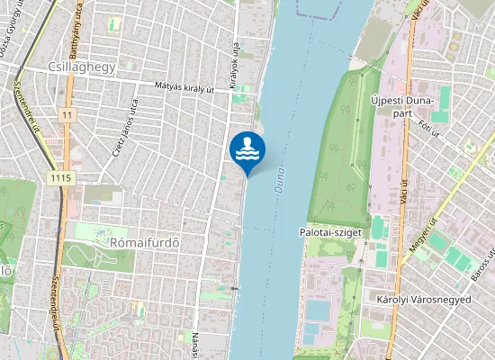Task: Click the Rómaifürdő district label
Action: (x=138, y=241)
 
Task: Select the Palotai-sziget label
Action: (x=329, y=231)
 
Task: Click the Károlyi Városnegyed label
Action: (x=424, y=299)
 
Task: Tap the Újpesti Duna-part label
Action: (x=402, y=106)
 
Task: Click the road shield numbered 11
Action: (x=67, y=115)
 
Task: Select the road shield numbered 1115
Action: (x=61, y=178)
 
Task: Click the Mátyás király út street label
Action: (x=185, y=88)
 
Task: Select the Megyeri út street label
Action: (x=423, y=238)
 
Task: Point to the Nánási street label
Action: (x=194, y=345)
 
